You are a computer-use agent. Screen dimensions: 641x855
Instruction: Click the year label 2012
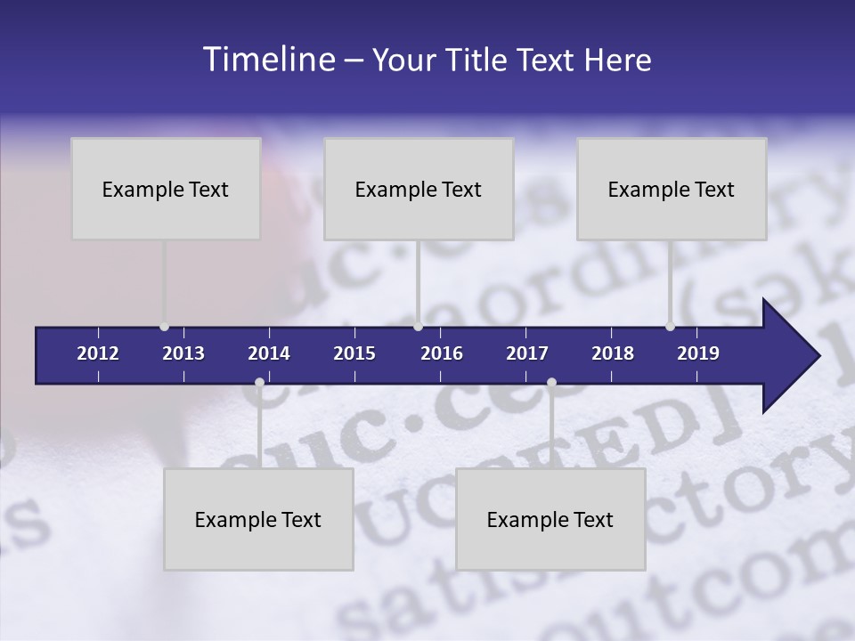[98, 353]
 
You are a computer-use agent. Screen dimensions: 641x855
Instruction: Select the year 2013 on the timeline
[183, 353]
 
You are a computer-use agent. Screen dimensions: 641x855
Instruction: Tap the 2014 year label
[269, 353]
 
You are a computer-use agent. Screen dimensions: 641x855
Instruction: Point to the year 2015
[354, 353]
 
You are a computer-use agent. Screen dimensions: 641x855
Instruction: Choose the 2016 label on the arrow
[442, 353]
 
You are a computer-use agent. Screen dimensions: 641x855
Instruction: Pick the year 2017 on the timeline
[527, 353]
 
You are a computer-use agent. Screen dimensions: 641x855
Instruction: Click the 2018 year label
[613, 353]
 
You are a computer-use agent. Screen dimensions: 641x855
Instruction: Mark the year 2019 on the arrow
[698, 353]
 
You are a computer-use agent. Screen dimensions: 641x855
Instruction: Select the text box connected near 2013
[166, 189]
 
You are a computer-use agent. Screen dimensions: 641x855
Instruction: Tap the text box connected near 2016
[419, 189]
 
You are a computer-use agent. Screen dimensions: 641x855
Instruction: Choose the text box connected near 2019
[672, 189]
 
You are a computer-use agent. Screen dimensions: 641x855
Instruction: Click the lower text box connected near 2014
[258, 519]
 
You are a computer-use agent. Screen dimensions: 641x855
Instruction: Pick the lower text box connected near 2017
[550, 519]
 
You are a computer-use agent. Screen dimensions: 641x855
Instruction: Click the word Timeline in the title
[267, 60]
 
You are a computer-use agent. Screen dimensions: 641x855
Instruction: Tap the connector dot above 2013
[164, 327]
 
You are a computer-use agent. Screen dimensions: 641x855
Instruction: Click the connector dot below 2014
[259, 383]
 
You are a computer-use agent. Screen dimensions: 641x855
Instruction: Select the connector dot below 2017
[551, 383]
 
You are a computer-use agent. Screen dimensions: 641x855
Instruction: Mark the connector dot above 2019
[670, 327]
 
